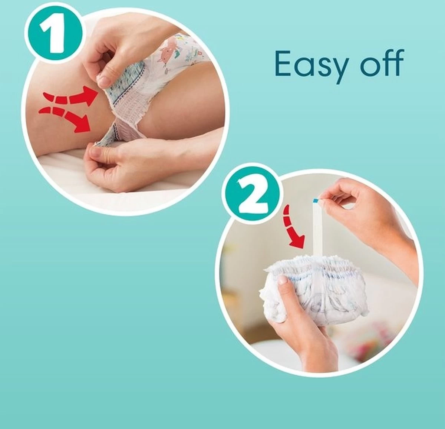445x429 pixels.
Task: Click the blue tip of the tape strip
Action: [315, 201]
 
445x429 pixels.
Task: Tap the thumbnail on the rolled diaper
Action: [283, 282]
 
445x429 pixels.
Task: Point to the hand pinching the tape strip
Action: [356, 208]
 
